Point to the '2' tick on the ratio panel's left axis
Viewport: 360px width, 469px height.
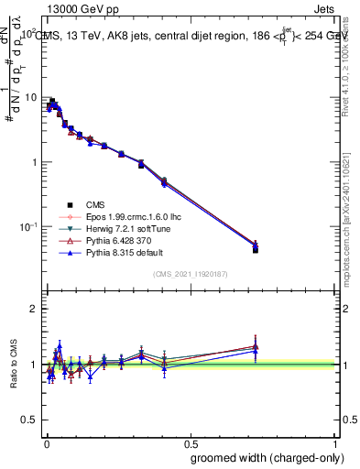[34, 309]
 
